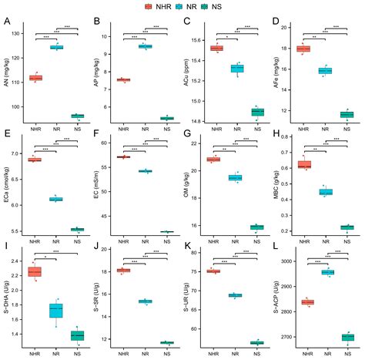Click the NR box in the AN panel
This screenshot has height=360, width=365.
pyautogui.click(x=56, y=47)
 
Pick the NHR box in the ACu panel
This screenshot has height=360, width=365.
pyautogui.click(x=216, y=49)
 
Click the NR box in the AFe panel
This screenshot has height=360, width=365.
pyautogui.click(x=325, y=71)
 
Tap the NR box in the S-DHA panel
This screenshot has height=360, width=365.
pyautogui.click(x=56, y=310)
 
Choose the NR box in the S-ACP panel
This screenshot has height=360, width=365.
pyautogui.click(x=327, y=272)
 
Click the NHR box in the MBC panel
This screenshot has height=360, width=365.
pyautogui.click(x=304, y=164)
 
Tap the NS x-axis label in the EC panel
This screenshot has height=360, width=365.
pyautogui.click(x=166, y=241)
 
